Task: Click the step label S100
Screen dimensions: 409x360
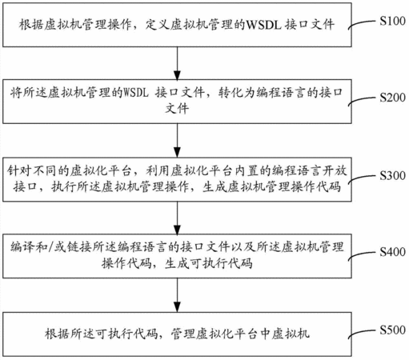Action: click(392, 21)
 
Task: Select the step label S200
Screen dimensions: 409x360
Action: click(392, 98)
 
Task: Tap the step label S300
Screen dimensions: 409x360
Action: click(392, 175)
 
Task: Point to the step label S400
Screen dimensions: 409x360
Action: click(392, 251)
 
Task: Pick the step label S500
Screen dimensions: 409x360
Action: click(392, 330)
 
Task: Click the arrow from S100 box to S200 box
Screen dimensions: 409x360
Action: click(177, 63)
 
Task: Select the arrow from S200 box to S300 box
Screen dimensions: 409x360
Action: click(177, 140)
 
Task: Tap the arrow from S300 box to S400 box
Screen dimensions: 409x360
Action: click(177, 218)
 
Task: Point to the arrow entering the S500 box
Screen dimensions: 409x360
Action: click(177, 295)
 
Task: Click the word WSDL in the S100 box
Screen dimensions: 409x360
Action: click(263, 25)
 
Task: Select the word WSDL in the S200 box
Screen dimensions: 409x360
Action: click(135, 93)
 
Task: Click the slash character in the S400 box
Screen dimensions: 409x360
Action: click(50, 247)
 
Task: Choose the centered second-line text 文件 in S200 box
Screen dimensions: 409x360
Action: click(177, 108)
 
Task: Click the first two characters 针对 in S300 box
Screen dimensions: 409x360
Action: click(19, 170)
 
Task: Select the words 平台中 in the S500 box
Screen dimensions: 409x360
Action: click(246, 334)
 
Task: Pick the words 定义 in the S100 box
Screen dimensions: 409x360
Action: click(158, 25)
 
